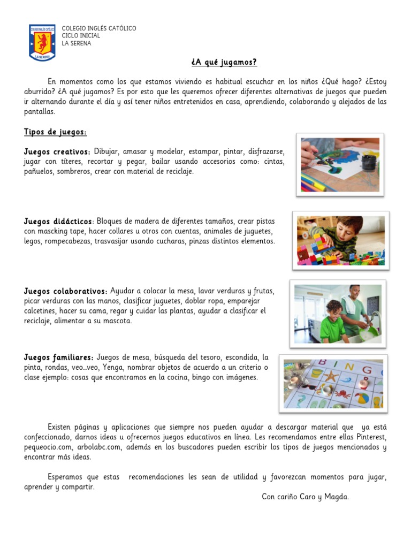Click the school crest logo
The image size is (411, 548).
42,42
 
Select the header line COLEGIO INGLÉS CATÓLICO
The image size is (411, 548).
99,28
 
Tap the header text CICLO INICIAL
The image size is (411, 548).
81,36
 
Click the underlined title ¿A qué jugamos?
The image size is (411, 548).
224,63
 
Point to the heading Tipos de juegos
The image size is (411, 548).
55,132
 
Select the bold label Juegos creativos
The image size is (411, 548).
57,152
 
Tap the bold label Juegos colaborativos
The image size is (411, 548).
65,291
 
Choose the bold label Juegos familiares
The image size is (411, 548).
58,357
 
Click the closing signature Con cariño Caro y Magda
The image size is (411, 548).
305,497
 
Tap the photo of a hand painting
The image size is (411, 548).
340,165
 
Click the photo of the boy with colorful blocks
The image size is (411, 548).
340,241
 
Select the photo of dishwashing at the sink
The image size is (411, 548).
337,314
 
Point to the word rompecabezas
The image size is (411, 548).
68,241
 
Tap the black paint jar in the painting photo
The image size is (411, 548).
369,161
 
